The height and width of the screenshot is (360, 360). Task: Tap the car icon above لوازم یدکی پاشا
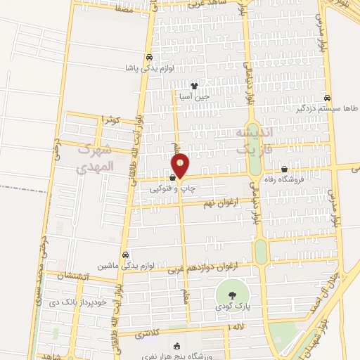point(149,58)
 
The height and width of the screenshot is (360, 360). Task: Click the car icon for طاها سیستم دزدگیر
point(328,98)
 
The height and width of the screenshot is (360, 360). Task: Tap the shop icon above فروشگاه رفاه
point(284,169)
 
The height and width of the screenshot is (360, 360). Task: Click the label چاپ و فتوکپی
point(169,188)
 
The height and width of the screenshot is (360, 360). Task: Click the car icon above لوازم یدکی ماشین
point(125,255)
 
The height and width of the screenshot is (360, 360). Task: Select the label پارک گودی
point(234,308)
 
